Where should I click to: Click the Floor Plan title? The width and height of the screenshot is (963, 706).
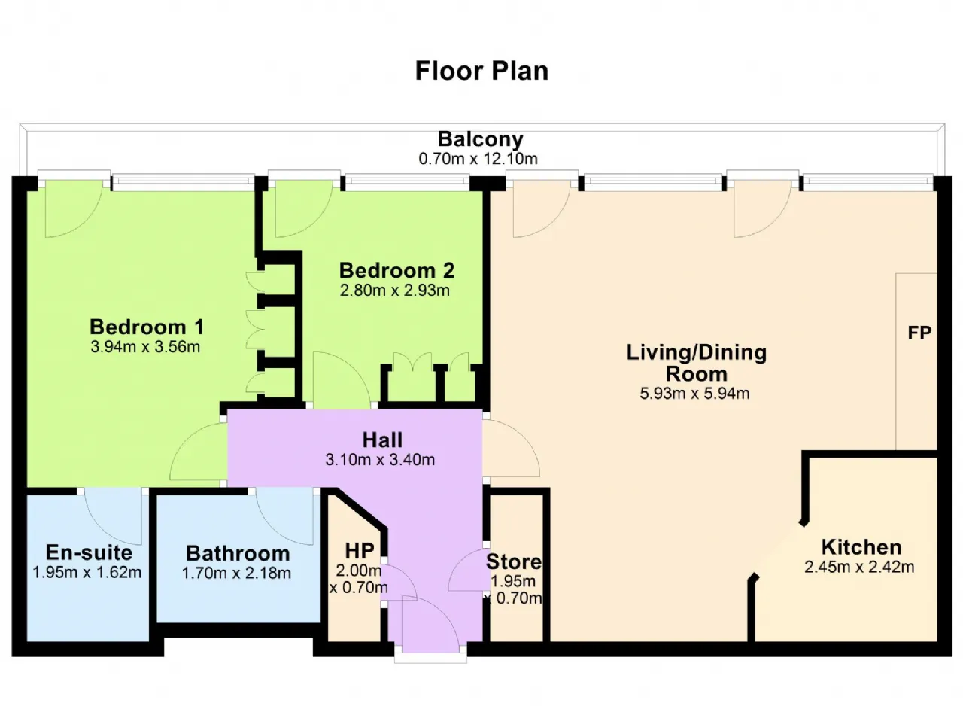(x=481, y=71)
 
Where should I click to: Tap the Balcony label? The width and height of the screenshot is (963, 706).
(x=481, y=139)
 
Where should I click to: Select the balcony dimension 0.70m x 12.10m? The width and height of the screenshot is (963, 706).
(x=478, y=159)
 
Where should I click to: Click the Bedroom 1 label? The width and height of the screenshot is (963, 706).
(x=147, y=327)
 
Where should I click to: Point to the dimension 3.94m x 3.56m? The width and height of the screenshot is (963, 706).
(x=146, y=347)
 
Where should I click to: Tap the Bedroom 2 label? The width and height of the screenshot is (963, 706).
(x=396, y=270)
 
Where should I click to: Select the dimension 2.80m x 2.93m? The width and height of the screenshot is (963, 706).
(x=395, y=291)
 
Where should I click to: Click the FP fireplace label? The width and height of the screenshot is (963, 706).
(x=919, y=333)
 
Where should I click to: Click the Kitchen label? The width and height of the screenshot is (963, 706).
(x=861, y=547)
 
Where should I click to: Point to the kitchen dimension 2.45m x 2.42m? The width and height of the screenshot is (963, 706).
(x=859, y=568)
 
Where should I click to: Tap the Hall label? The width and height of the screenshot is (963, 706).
(x=382, y=440)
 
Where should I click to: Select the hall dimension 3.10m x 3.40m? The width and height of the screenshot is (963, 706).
(x=380, y=460)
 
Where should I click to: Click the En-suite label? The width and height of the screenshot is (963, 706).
(x=89, y=552)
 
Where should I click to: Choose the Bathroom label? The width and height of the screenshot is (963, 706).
(x=238, y=553)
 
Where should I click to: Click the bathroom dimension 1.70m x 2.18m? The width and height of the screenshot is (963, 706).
(x=236, y=574)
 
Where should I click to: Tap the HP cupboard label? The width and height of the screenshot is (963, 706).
(x=358, y=549)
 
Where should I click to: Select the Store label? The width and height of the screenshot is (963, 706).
(x=514, y=561)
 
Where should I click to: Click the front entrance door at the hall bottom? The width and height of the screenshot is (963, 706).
(x=430, y=625)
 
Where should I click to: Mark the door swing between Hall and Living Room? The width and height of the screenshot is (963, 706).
(x=508, y=448)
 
